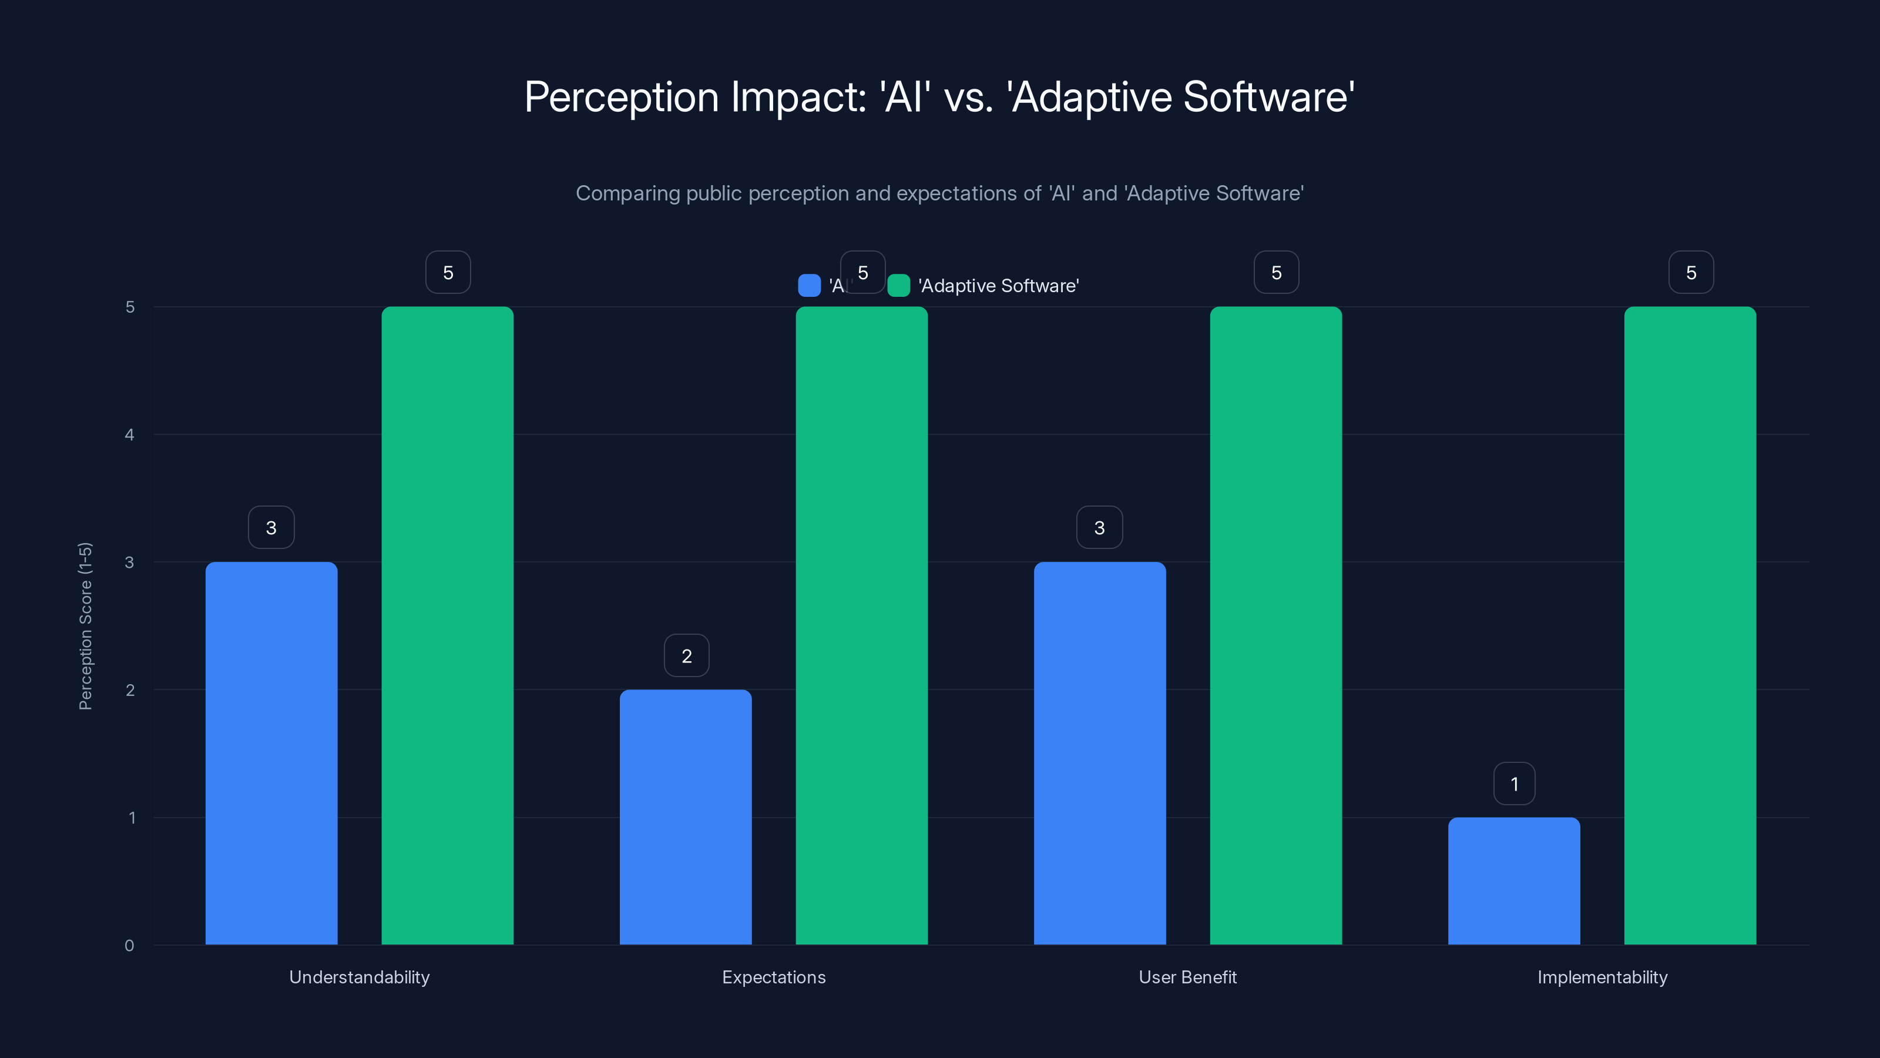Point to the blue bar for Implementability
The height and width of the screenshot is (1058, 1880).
(1513, 880)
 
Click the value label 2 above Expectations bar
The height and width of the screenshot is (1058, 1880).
(687, 656)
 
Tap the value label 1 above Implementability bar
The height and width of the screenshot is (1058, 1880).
(1515, 784)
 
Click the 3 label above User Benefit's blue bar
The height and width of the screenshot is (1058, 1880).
(1100, 527)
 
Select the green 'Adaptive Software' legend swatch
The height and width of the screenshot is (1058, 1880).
(898, 286)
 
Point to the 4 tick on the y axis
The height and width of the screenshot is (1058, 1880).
(130, 435)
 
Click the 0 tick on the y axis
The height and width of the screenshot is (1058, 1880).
(130, 946)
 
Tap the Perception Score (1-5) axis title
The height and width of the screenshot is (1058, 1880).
(85, 626)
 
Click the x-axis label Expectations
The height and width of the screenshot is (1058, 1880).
(774, 977)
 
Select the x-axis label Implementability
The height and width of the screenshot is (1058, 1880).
(1602, 977)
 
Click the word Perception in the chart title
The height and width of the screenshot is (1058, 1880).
(621, 97)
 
